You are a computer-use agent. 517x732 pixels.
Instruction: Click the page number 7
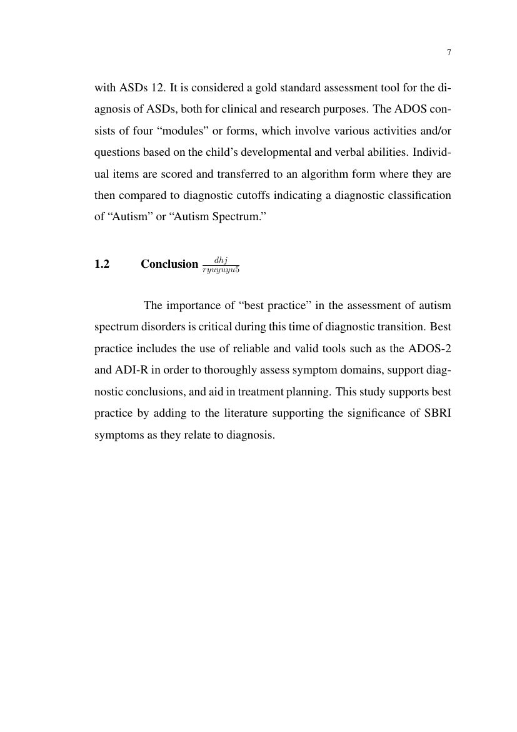click(449, 53)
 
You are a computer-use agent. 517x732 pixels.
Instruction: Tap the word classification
click(420, 195)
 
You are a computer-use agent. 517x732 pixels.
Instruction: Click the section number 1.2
click(102, 264)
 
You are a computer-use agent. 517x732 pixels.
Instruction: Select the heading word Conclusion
click(169, 264)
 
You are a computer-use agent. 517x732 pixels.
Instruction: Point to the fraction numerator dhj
click(221, 259)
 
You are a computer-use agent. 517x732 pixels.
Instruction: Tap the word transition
click(398, 327)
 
